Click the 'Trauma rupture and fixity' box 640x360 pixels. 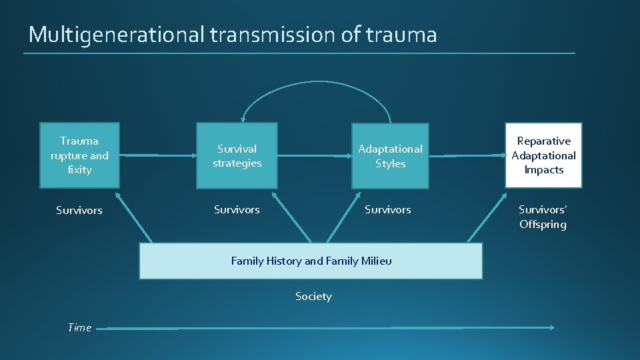79,155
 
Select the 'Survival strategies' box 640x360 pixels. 237,155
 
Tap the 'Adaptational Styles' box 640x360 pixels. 390,155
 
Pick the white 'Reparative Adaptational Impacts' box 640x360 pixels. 543,155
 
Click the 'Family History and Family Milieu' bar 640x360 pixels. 311,261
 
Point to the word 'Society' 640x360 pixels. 313,296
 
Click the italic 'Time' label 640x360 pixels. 79,327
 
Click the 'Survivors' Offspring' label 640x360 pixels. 543,217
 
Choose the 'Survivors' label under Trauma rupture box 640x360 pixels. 79,210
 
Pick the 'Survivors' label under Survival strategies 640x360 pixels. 237,209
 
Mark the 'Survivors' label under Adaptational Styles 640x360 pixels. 387,209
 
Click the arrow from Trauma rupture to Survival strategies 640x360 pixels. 157,155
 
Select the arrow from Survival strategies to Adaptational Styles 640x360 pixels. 313,155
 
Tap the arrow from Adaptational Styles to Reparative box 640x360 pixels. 467,155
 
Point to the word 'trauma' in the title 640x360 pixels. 401,35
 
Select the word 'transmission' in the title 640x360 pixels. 274,35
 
